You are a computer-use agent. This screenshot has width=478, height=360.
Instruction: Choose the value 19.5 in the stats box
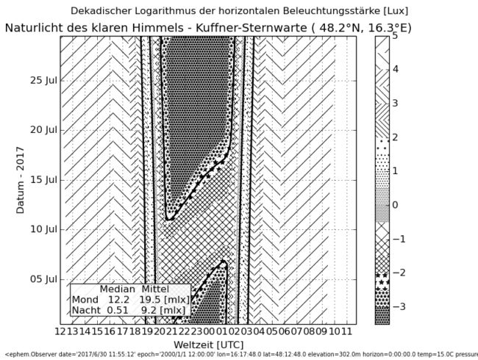pos(151,300)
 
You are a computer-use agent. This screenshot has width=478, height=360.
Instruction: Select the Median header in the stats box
pos(117,289)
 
